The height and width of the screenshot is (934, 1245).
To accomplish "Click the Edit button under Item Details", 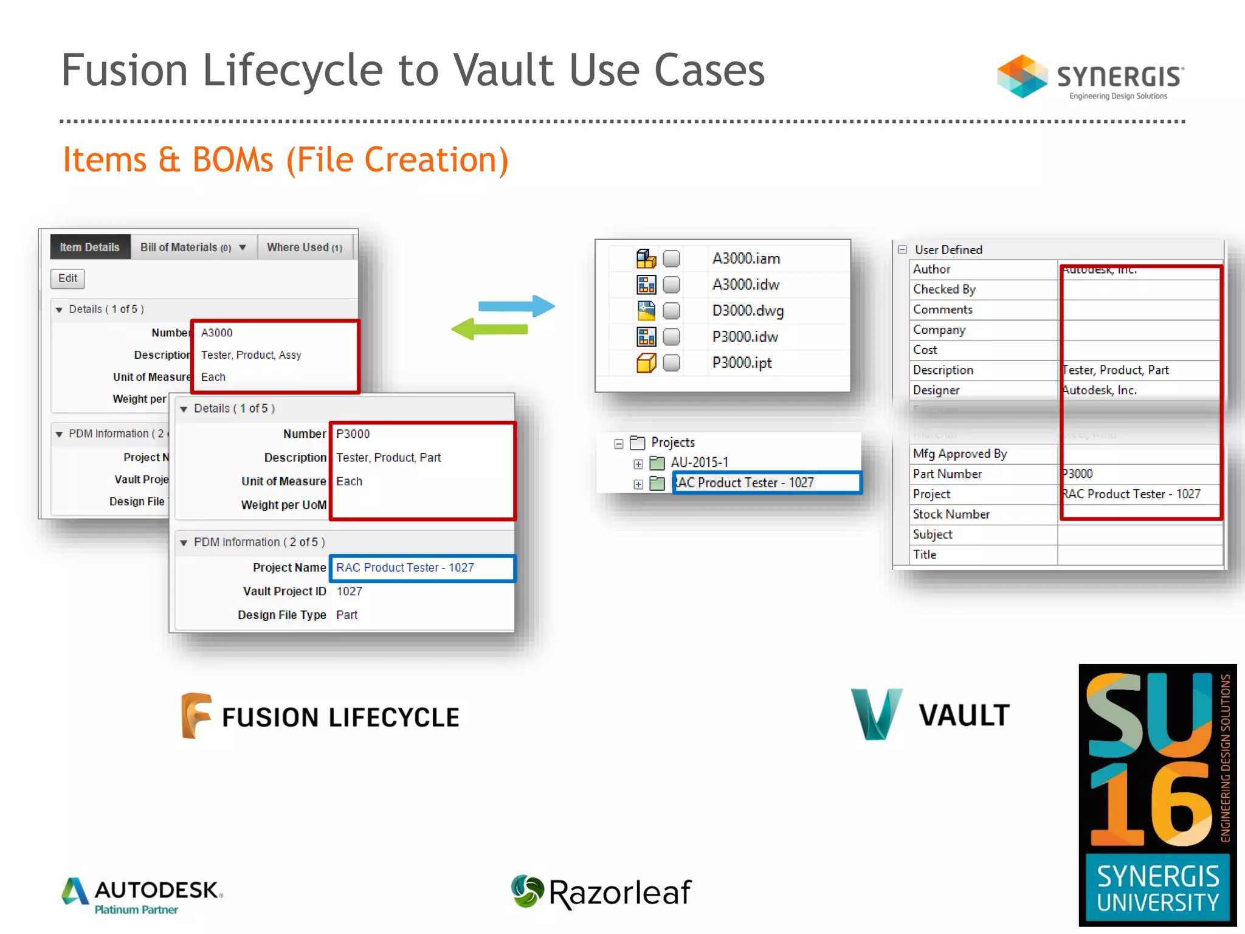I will coord(67,278).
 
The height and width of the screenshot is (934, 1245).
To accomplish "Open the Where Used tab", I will coord(305,247).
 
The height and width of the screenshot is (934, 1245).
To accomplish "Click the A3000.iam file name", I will coord(746,258).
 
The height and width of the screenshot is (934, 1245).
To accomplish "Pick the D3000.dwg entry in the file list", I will coord(748,311).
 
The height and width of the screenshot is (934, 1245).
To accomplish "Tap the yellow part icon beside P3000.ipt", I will coord(646,363).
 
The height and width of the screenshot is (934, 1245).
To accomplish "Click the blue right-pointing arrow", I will coord(517,306).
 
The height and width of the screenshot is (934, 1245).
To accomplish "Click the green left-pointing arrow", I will coord(490,329).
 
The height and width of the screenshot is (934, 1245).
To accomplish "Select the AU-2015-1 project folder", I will coord(699,463).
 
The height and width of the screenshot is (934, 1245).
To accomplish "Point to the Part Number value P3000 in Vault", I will coord(1077,474).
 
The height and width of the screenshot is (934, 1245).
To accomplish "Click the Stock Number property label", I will coord(951,514).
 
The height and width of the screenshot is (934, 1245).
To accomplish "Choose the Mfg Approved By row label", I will coord(959,454).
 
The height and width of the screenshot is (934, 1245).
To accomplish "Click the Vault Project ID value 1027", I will coord(349,591).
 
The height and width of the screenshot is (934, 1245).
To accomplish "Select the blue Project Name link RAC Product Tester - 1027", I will coord(405,567).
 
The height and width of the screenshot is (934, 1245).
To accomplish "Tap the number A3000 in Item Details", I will coord(217,333).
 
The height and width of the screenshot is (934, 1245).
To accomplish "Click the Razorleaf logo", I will coord(601,892).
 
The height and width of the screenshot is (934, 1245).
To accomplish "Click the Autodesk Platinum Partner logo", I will coord(142,896).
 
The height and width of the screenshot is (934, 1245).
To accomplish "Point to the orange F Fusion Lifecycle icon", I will coord(196,716).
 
